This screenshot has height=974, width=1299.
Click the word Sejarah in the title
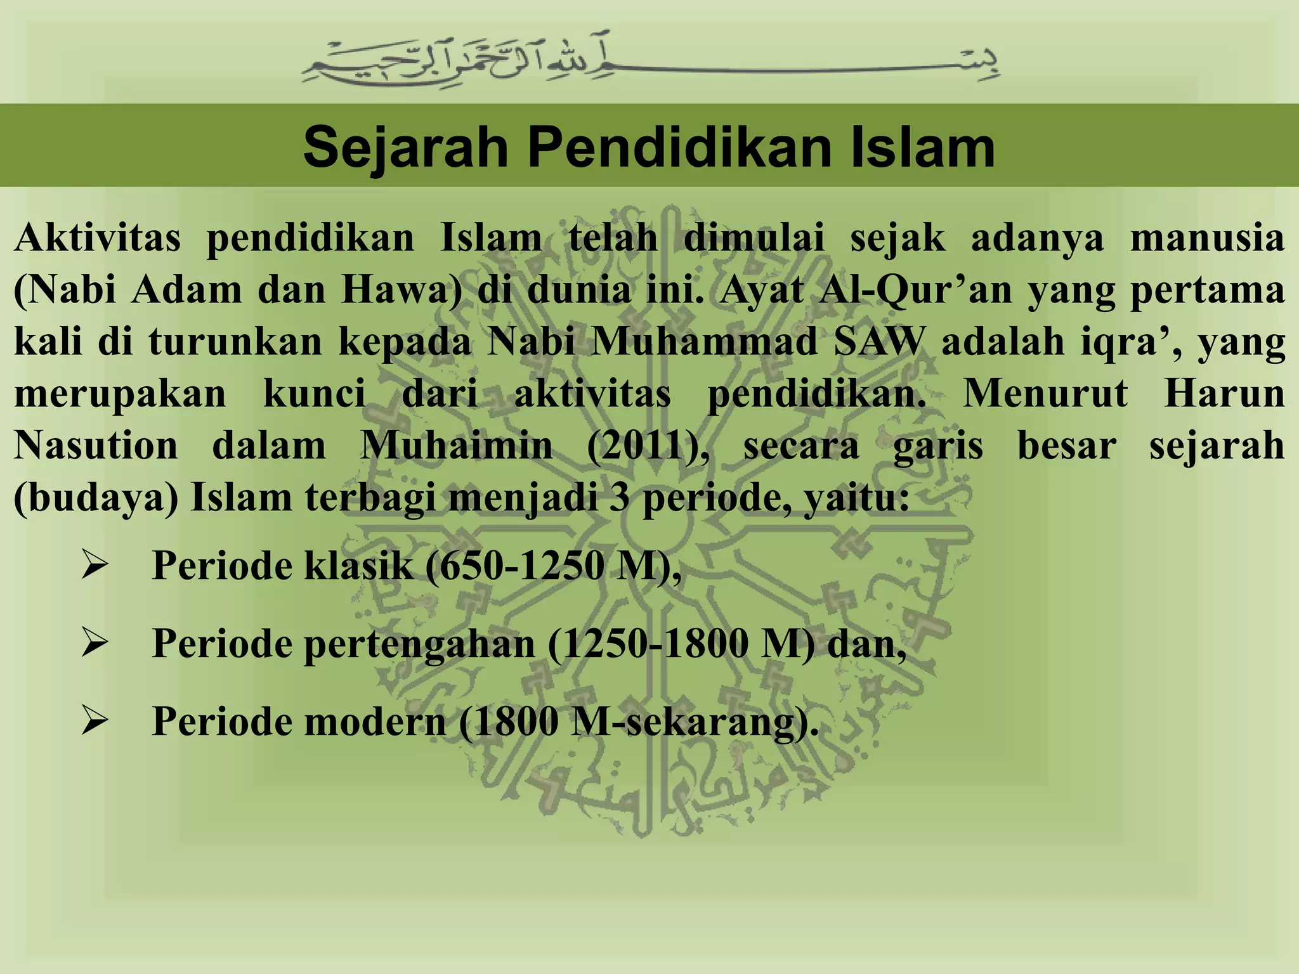(x=406, y=147)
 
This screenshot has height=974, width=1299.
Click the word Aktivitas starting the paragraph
(x=97, y=238)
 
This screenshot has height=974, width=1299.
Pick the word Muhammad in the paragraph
(x=704, y=342)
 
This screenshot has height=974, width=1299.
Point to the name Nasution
(x=96, y=446)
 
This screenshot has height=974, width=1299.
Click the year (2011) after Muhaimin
(x=648, y=446)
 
